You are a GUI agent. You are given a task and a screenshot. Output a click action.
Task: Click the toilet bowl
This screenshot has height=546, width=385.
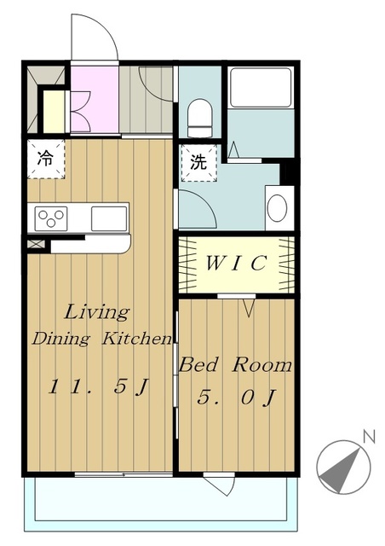[x=200, y=118]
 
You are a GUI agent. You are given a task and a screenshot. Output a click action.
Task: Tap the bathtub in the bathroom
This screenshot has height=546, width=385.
[x=261, y=87]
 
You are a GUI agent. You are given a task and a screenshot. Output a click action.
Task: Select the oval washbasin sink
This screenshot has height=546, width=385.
[x=277, y=207]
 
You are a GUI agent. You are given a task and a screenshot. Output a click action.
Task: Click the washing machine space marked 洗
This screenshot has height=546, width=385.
[x=199, y=163]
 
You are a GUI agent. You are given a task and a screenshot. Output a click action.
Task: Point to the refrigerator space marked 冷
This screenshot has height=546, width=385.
[x=46, y=160]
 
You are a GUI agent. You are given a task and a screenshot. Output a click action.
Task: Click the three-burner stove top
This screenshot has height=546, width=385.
[x=51, y=218]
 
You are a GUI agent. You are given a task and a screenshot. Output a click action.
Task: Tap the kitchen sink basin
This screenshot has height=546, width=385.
[x=109, y=218]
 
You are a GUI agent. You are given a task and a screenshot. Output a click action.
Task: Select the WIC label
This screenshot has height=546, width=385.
[x=237, y=264]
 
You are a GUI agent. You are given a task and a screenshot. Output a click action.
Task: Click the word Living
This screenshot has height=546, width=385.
[x=97, y=312]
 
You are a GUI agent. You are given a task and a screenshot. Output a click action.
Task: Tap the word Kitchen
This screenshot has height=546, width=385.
[x=136, y=338]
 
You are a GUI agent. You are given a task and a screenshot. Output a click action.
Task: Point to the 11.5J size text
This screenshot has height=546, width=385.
[x=99, y=386]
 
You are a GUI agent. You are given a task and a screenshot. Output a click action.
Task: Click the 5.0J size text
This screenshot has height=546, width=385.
[x=237, y=397]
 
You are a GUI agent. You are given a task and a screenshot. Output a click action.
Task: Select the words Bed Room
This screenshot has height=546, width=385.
[x=235, y=365]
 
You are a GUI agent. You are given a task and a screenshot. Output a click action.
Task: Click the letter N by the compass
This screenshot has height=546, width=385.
[x=369, y=437]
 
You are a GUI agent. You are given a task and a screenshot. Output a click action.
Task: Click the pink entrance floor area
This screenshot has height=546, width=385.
[x=95, y=99]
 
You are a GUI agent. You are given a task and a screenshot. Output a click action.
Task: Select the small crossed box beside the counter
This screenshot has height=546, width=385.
[x=36, y=244]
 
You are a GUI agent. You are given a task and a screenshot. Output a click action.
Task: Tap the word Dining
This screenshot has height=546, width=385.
[x=60, y=339]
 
